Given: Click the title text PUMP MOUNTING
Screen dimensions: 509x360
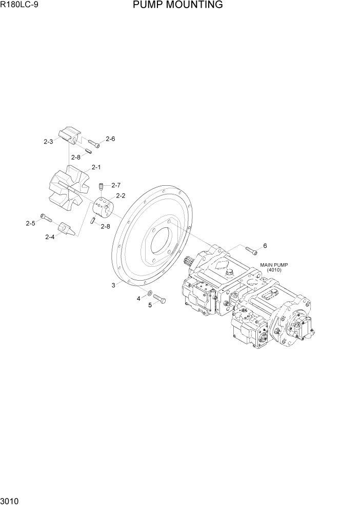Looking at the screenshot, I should coord(177,5).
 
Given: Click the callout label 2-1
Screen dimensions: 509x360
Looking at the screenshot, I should coord(96,167).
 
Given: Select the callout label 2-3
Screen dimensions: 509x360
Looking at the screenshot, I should coord(48,142).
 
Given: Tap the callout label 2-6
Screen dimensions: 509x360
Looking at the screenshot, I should coord(110,139).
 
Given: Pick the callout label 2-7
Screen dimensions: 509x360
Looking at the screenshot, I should coord(115,185).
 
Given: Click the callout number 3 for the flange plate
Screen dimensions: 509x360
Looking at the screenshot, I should coord(113,285).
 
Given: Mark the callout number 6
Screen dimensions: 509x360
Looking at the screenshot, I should coord(265,246).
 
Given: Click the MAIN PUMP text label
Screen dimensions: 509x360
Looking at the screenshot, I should coord(274,265).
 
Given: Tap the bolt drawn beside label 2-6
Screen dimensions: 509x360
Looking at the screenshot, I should coord(94,143).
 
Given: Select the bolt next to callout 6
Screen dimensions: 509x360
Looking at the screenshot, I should coord(251,250).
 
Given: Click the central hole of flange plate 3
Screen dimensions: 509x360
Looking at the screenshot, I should coord(165,245).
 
